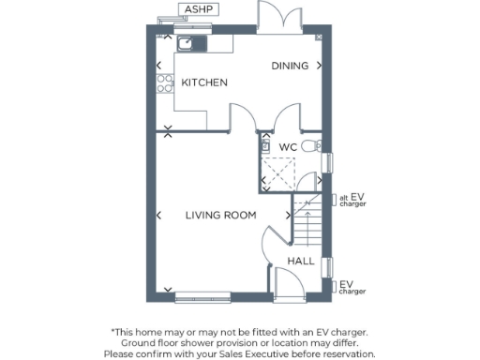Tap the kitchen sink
187,43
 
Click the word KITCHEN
204,83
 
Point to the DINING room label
289,67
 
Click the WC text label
288,147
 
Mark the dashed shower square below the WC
279,172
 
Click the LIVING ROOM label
220,216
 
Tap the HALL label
301,262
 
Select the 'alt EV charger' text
352,201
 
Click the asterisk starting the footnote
113,331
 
